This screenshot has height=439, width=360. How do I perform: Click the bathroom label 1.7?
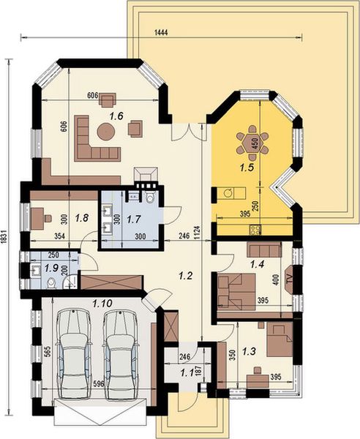pos(133,217)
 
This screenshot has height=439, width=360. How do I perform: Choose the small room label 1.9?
pos(51,269)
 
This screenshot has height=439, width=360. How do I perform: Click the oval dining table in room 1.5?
pos(253,143)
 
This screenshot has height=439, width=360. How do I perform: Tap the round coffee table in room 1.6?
pos(107,132)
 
